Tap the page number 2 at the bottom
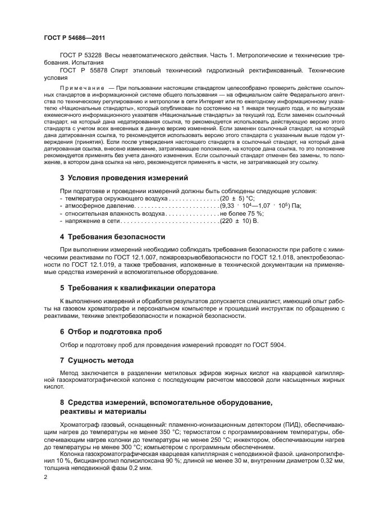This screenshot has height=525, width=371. [x=46, y=477]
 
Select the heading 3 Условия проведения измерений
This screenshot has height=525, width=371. [x=123, y=194]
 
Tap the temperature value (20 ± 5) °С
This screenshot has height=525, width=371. [x=237, y=214]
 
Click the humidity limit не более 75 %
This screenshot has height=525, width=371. [x=241, y=229]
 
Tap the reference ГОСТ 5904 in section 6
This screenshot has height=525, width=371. [x=270, y=345]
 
